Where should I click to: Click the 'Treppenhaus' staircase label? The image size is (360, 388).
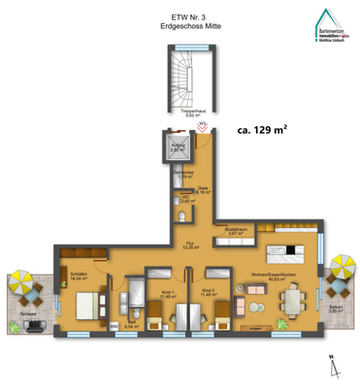178,111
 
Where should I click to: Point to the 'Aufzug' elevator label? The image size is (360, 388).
178,149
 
